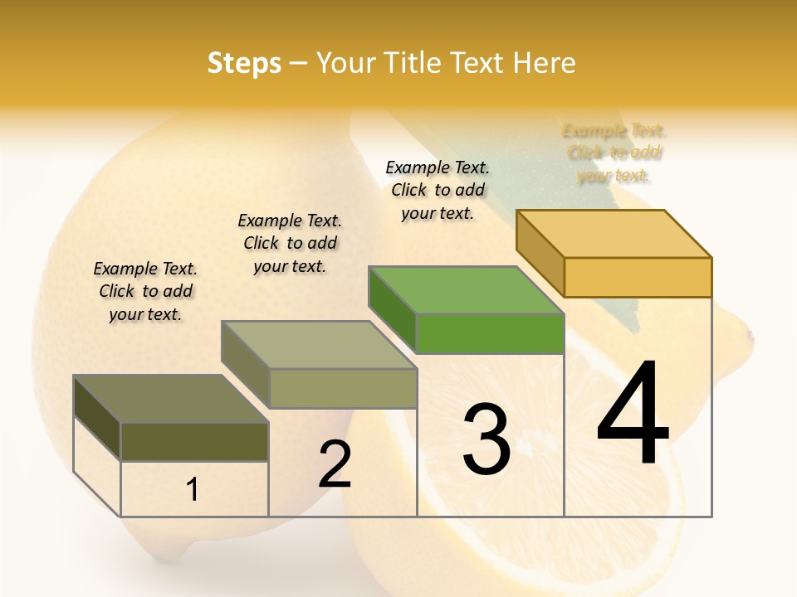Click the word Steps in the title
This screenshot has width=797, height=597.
[244, 63]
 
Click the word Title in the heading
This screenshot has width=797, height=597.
[415, 63]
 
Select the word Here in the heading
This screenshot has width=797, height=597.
[544, 63]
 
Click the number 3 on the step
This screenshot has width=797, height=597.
[486, 439]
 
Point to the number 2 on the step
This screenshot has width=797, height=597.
[335, 464]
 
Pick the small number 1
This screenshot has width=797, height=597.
[193, 489]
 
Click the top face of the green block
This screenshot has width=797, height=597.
[465, 290]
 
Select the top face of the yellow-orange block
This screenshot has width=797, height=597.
[614, 234]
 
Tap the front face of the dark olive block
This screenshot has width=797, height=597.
[194, 441]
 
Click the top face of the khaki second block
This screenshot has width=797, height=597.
[320, 345]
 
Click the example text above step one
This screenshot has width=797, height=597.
[145, 291]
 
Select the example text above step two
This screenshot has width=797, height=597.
[290, 243]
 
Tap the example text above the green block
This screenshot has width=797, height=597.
[438, 190]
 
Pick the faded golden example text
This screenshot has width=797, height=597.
[614, 153]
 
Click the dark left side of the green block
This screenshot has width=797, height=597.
[392, 308]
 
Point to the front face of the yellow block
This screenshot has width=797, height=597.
[638, 277]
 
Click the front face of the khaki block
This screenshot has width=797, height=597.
[343, 388]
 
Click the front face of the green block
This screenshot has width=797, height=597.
[490, 333]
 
